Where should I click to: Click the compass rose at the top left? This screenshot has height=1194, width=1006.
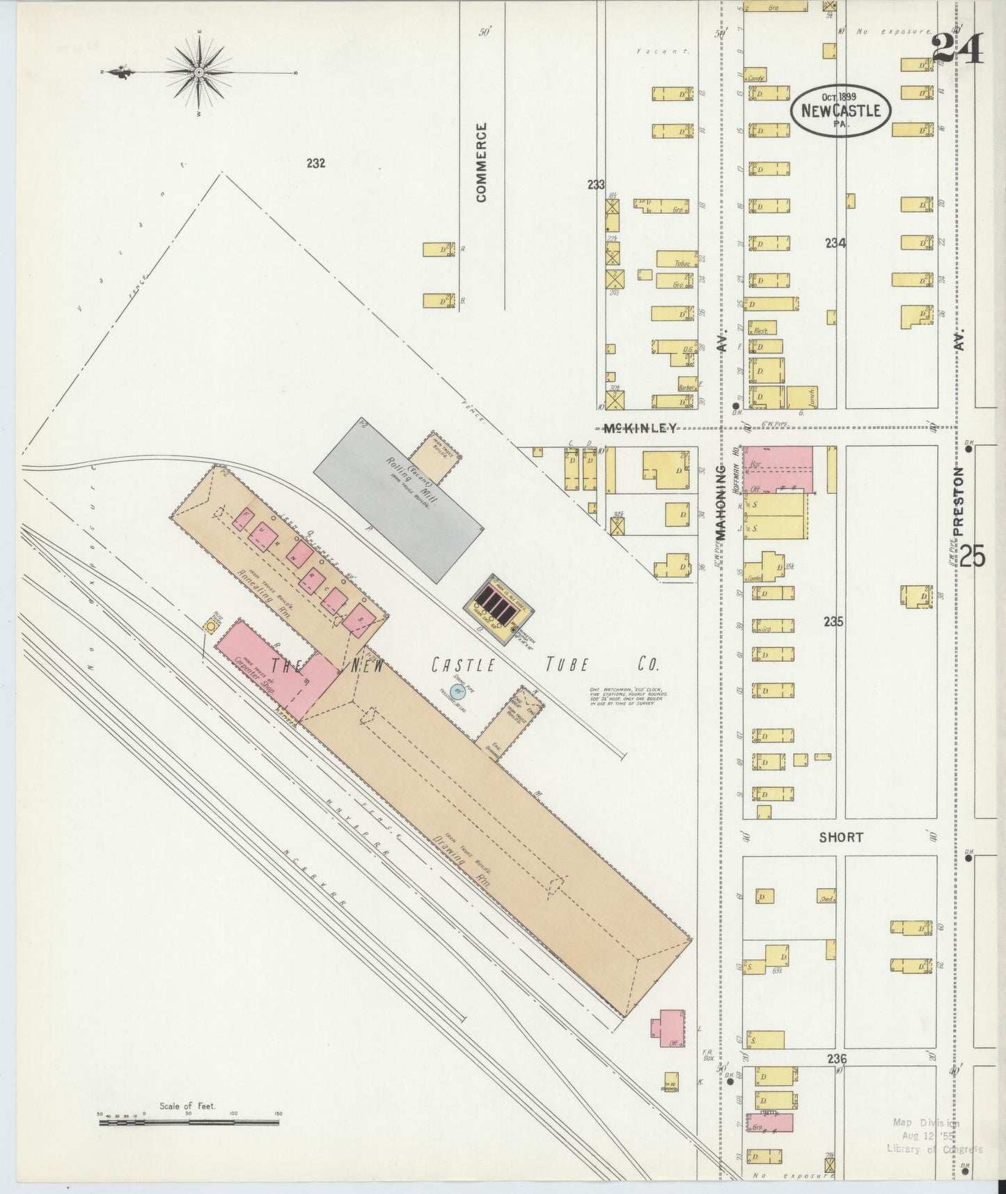coord(199,72)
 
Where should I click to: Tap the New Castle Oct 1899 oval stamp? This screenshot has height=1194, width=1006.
coord(840,111)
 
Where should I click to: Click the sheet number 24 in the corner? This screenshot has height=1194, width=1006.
coord(957,50)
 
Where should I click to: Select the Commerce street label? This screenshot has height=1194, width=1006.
coord(482,162)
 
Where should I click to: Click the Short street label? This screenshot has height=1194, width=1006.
coord(841,837)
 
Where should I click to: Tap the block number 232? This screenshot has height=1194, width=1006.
coord(315,163)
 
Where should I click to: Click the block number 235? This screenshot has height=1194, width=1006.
coord(833,621)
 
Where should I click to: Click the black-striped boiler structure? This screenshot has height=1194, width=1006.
coord(499,601)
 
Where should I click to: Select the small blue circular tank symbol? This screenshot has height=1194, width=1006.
coord(457,692)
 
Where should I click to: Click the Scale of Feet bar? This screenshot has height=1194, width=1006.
coord(188,1123)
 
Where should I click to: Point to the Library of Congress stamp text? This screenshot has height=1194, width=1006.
coord(934,1149)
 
